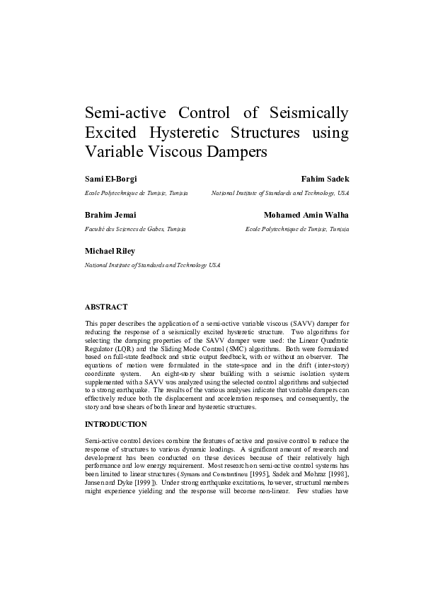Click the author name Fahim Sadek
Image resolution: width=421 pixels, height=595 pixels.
[325, 179]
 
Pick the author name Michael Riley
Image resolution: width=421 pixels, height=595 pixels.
[110, 251]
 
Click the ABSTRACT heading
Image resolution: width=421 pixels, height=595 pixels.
[106, 307]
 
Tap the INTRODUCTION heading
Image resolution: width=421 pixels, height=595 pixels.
[116, 424]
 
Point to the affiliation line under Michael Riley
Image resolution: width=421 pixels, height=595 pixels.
[152, 265]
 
